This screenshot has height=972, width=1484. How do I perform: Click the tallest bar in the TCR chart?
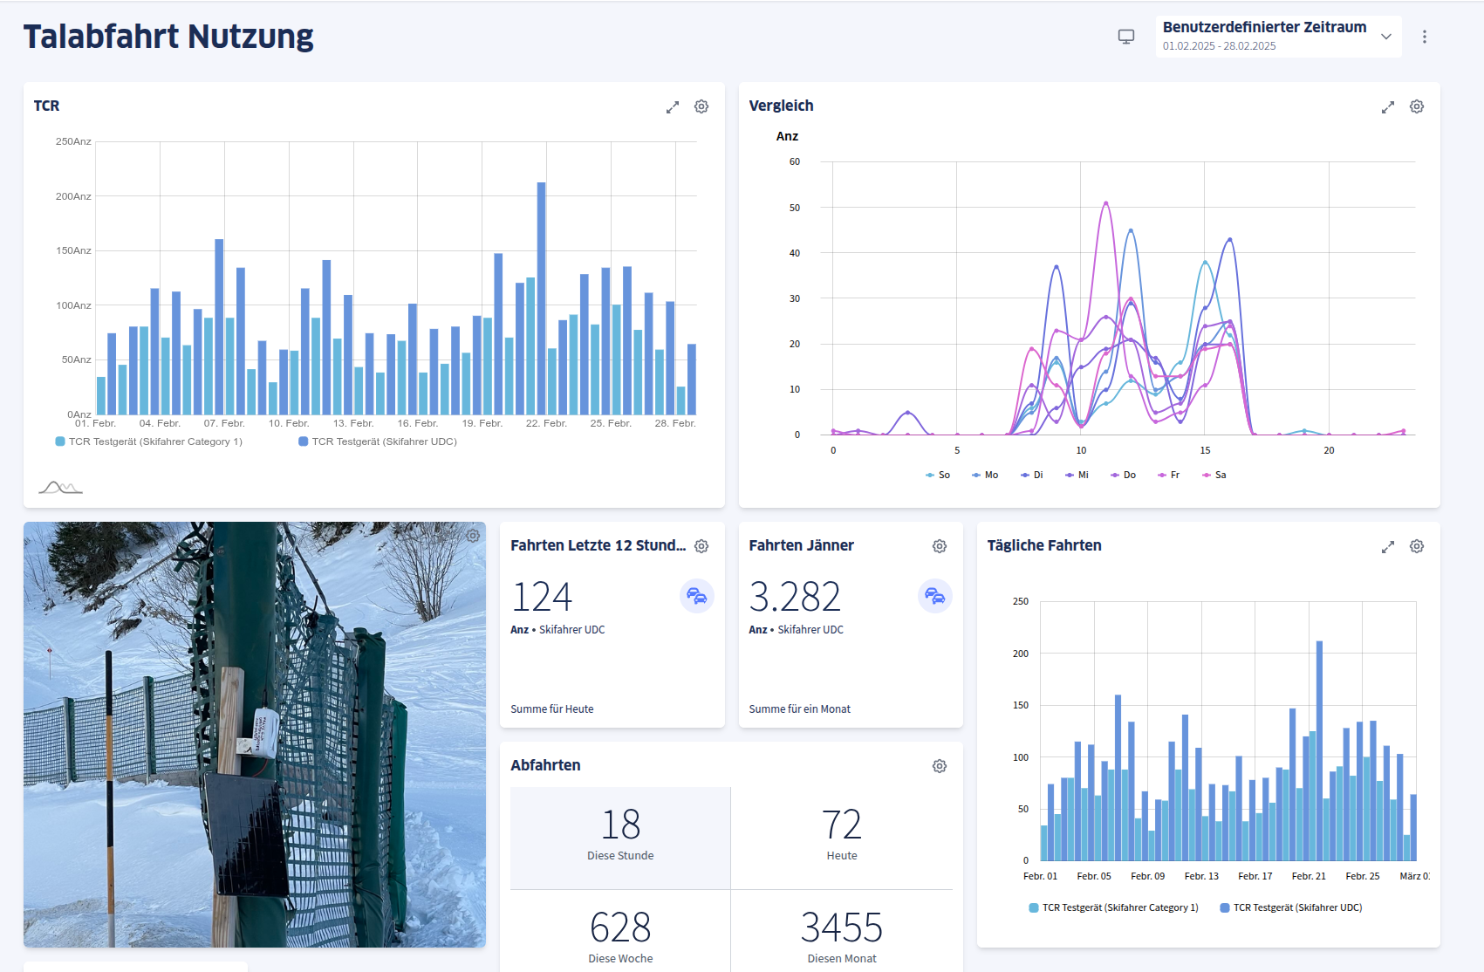click(541, 297)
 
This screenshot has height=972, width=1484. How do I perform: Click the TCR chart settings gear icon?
click(701, 106)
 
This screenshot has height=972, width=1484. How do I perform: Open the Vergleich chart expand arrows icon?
click(1388, 107)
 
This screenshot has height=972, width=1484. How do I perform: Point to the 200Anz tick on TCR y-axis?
click(73, 196)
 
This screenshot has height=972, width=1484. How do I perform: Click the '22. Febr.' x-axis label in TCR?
click(546, 423)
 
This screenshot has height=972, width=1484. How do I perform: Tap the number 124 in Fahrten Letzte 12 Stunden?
click(542, 598)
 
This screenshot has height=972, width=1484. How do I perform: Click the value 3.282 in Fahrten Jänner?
click(795, 598)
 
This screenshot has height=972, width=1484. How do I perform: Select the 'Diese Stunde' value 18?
click(620, 825)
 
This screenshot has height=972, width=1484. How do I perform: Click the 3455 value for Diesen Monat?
click(841, 928)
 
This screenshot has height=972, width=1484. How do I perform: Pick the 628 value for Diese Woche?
click(620, 928)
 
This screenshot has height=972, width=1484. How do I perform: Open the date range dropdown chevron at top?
click(1386, 37)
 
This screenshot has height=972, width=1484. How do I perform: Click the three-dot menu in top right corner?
click(1425, 37)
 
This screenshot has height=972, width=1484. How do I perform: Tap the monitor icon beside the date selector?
click(1126, 37)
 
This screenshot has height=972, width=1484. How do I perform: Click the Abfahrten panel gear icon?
click(940, 766)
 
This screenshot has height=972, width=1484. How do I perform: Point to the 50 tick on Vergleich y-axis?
click(794, 208)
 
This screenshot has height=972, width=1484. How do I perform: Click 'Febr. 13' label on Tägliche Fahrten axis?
click(1201, 876)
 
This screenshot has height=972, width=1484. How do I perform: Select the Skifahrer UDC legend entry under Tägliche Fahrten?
click(1291, 907)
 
